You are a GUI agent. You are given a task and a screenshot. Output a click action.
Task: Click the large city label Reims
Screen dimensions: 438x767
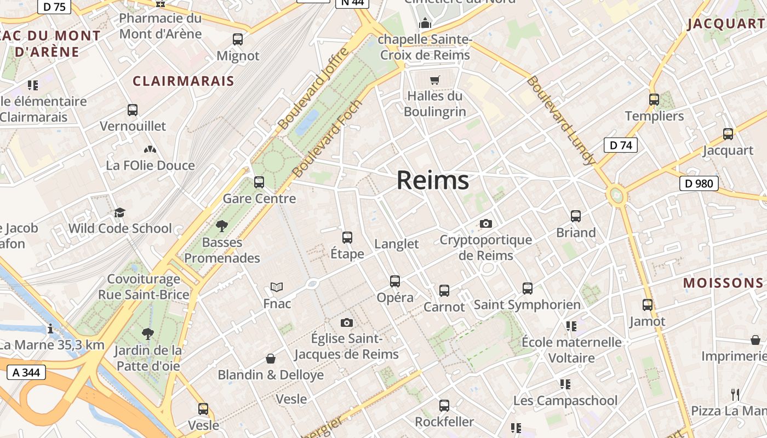(x=433, y=180)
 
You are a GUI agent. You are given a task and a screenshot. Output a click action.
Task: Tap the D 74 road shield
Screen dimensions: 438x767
(x=621, y=145)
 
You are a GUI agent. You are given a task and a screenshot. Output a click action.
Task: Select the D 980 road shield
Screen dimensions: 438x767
(x=699, y=183)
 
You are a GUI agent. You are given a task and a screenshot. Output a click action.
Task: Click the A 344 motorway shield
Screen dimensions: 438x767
(x=26, y=373)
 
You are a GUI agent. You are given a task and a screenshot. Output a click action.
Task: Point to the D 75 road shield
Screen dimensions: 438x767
(x=54, y=6)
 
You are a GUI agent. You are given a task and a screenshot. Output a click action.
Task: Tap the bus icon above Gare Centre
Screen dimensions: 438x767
(x=259, y=182)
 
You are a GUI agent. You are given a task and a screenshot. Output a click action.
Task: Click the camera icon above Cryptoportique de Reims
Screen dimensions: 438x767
(x=485, y=223)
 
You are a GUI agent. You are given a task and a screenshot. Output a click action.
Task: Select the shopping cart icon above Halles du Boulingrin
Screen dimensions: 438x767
(x=435, y=80)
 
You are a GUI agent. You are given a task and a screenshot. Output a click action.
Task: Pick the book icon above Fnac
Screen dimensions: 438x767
(x=277, y=287)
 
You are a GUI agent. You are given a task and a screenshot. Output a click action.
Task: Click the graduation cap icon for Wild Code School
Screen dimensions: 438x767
(x=119, y=212)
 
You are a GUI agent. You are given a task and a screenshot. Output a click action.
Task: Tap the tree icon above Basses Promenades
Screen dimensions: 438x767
(x=222, y=226)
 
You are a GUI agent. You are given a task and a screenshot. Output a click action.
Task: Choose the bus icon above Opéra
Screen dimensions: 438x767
(x=395, y=281)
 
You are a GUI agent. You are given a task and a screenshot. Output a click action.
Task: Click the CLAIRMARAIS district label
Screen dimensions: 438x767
(x=184, y=82)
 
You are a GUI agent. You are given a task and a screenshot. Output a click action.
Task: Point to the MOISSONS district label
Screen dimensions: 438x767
(x=723, y=283)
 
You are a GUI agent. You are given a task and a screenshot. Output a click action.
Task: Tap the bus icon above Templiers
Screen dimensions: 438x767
(x=654, y=100)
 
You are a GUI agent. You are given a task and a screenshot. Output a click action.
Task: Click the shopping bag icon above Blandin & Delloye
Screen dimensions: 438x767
(x=271, y=359)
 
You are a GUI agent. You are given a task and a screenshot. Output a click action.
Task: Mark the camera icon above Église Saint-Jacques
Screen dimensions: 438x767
(x=346, y=322)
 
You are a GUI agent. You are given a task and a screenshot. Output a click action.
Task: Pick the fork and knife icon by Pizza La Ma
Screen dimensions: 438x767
(x=735, y=394)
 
